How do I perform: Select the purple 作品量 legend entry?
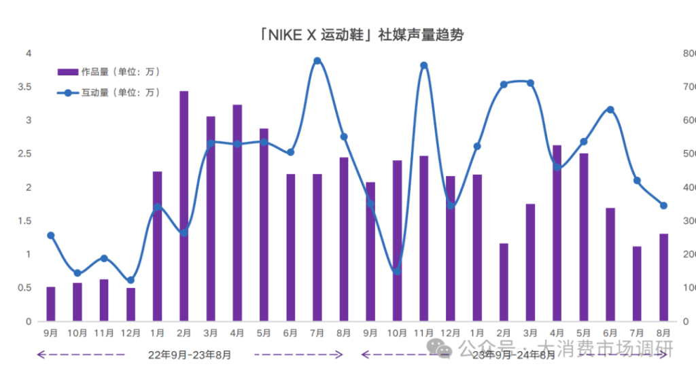(x=109, y=71)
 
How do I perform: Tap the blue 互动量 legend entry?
(x=109, y=92)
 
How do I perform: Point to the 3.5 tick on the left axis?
(x=24, y=87)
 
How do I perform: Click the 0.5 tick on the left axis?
(x=24, y=288)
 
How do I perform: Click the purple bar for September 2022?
(x=51, y=304)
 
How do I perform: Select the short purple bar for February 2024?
(x=504, y=282)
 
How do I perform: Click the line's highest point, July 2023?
(x=317, y=61)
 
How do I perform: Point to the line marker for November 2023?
(x=424, y=66)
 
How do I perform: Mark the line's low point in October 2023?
(x=397, y=272)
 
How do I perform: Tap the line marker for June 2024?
(x=610, y=109)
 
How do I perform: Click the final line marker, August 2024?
(x=664, y=205)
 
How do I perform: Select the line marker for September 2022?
(x=51, y=236)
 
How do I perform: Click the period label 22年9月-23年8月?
(x=190, y=355)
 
